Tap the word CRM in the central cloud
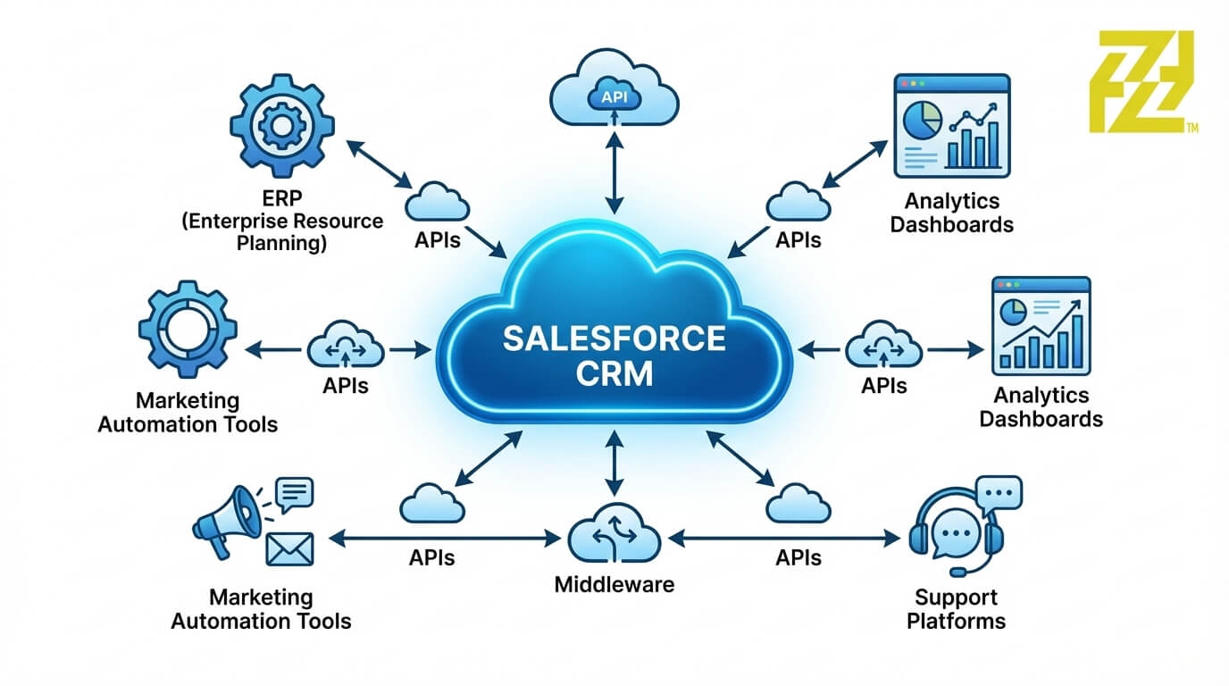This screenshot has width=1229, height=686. (x=614, y=372)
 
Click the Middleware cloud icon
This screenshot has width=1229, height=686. (x=614, y=536)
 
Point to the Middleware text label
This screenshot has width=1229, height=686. (x=614, y=585)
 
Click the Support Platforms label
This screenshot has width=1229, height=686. (x=956, y=608)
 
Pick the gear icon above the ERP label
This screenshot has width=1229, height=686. (x=281, y=126)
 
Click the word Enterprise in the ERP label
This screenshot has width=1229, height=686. (x=243, y=221)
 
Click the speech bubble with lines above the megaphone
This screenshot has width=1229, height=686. (x=295, y=492)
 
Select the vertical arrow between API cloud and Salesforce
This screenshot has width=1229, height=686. (x=614, y=170)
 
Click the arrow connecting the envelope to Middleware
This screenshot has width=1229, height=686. (x=443, y=539)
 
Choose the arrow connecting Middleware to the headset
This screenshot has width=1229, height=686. (x=784, y=539)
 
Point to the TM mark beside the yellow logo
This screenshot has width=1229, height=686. (x=1191, y=128)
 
